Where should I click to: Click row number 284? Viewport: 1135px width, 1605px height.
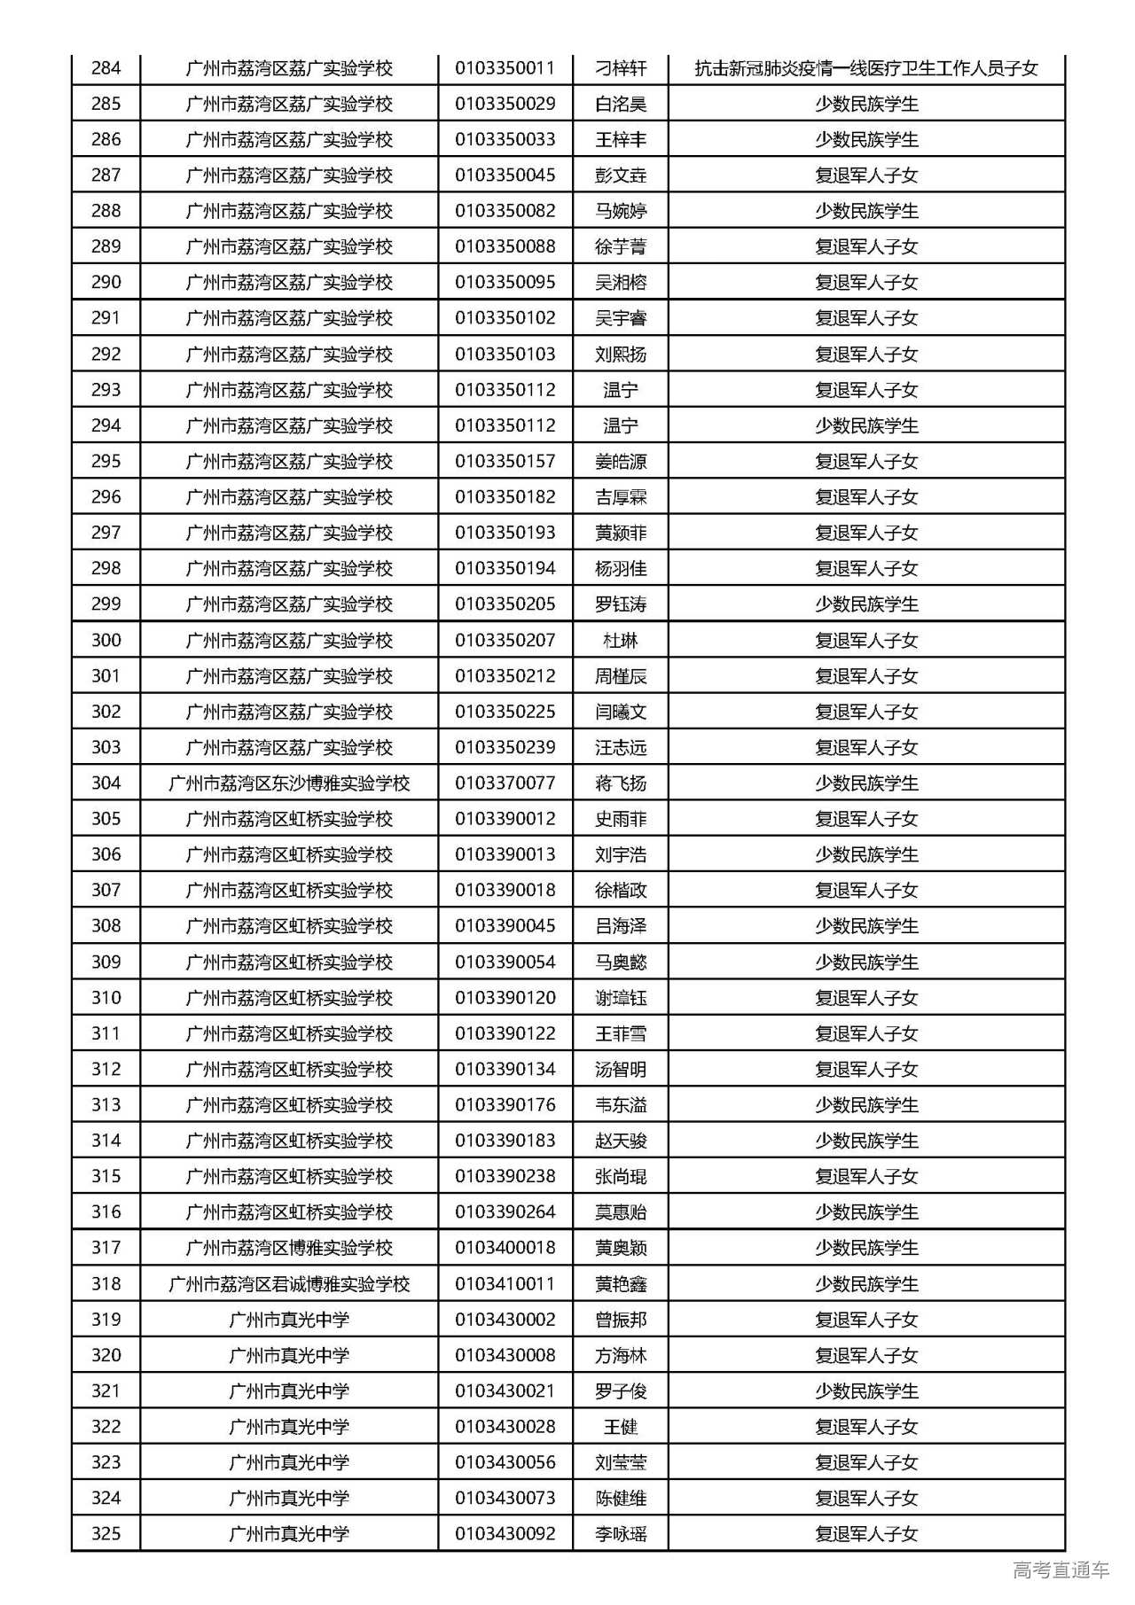(106, 68)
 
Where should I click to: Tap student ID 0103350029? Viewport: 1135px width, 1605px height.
(505, 104)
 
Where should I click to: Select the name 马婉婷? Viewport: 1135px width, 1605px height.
(621, 211)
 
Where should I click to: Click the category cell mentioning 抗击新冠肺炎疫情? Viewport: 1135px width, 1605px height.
(865, 68)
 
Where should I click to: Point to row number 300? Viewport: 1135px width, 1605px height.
(106, 640)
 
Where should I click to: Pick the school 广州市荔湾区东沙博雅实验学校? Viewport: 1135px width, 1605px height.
(289, 783)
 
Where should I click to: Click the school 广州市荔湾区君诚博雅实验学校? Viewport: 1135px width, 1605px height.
(289, 1284)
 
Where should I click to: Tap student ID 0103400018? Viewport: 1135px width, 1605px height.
(505, 1248)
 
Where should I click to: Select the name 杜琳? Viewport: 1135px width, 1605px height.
(621, 640)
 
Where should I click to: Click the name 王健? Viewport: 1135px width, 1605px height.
(621, 1427)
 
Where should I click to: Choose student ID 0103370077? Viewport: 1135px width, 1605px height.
(505, 783)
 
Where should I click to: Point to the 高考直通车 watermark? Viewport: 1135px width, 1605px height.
(1061, 1570)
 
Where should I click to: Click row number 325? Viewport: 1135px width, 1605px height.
(106, 1534)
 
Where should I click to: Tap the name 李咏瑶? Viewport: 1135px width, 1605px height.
(621, 1534)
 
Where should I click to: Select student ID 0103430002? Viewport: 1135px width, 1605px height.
(505, 1320)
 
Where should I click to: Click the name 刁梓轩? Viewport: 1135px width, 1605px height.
(621, 68)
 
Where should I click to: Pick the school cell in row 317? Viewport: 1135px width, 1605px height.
(289, 1248)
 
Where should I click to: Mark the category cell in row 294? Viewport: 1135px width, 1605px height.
(865, 425)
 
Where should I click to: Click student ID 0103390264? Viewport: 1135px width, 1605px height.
(505, 1212)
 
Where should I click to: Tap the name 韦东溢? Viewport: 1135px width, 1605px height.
(621, 1105)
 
